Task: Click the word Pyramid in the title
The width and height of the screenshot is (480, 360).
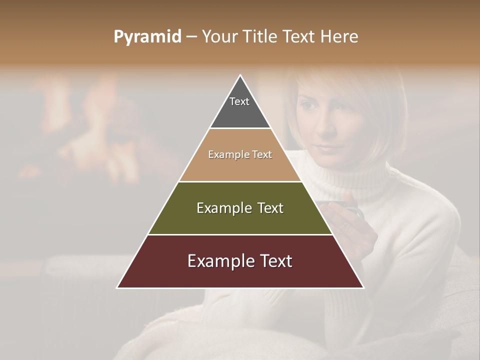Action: [147, 37]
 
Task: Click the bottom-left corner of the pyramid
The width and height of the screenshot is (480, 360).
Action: [118, 287]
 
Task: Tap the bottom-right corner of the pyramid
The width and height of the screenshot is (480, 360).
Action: [363, 287]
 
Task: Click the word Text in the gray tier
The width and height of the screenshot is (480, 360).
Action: [239, 101]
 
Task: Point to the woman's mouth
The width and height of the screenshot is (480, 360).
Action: [324, 148]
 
